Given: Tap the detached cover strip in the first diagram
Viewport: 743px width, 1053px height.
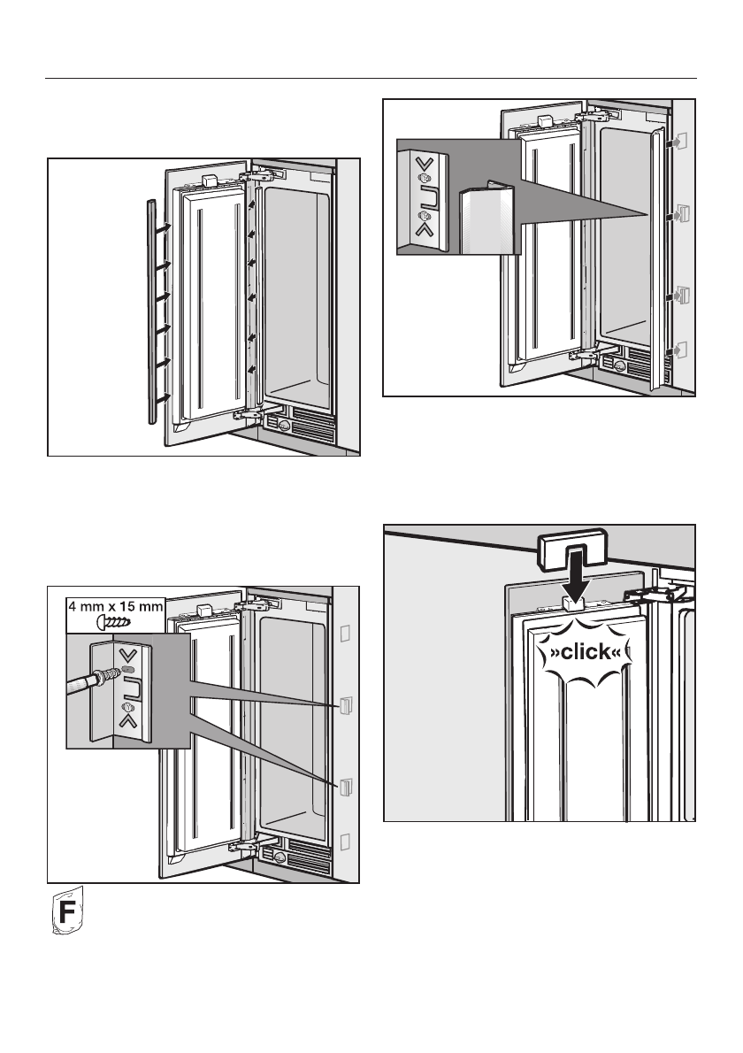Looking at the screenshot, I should [151, 310].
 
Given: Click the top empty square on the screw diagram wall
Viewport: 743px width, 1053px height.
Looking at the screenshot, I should [346, 634].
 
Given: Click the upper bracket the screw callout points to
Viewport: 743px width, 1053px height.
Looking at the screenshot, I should [346, 704].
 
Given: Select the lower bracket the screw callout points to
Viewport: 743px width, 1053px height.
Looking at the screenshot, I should [346, 784].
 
